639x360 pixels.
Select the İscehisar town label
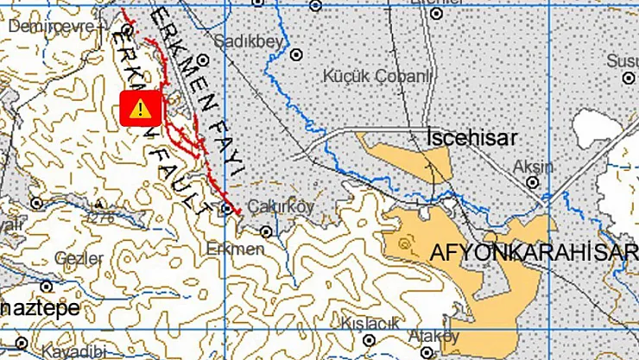(x=472, y=138)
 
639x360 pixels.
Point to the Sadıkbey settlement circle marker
(x=202, y=60)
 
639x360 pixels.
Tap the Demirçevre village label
(x=52, y=27)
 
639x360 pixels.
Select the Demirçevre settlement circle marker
(x=127, y=30)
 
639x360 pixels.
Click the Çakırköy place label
(x=282, y=206)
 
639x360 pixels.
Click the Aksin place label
(x=532, y=164)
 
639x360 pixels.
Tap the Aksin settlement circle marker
(x=533, y=182)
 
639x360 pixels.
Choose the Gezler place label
(x=73, y=258)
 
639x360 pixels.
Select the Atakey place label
(x=435, y=335)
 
